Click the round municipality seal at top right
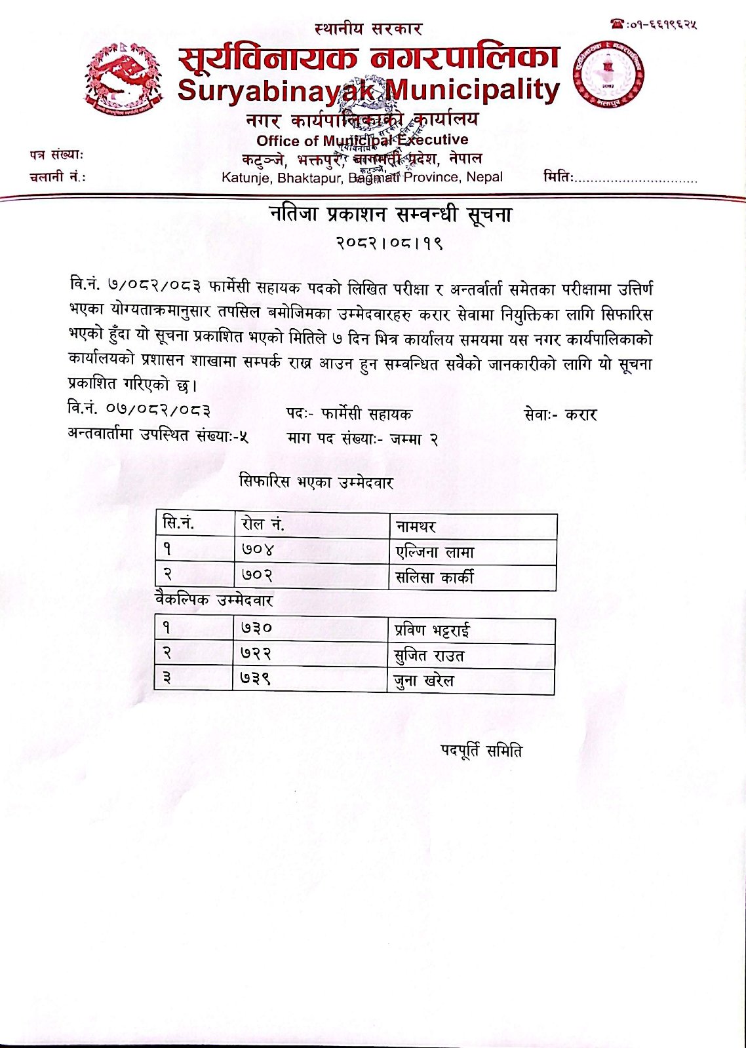(x=608, y=73)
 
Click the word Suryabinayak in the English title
(x=276, y=90)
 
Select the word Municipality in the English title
(x=473, y=89)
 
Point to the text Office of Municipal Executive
(x=362, y=140)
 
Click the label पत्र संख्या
(x=56, y=155)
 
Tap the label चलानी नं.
(x=58, y=177)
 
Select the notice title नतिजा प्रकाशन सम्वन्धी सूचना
(x=390, y=215)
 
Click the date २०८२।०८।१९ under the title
(x=390, y=243)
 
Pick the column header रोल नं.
(x=262, y=525)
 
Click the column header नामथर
(x=416, y=526)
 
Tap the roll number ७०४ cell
(x=257, y=550)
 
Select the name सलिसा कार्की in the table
(x=435, y=578)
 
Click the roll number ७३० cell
(x=256, y=628)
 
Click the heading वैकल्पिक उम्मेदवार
(x=214, y=601)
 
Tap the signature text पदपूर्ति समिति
(x=481, y=751)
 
